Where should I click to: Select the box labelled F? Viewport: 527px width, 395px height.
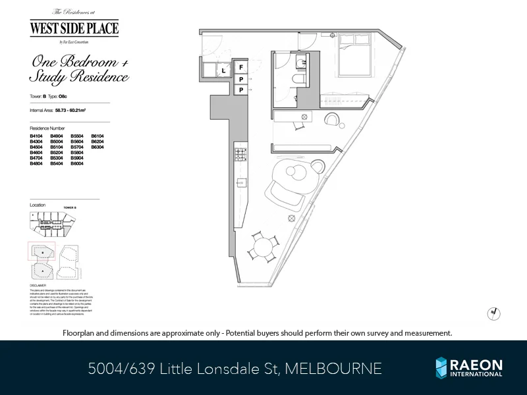(x=241, y=68)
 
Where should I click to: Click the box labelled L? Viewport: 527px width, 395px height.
(x=224, y=70)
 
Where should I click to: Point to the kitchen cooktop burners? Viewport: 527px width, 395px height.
(x=239, y=155)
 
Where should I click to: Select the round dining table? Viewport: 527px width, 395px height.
(x=262, y=249)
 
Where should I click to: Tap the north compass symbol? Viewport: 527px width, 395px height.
(x=492, y=314)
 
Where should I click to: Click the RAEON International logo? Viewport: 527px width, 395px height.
(x=468, y=367)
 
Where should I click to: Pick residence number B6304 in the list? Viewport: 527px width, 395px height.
(x=97, y=147)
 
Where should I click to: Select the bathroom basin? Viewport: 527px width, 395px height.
(x=300, y=63)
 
